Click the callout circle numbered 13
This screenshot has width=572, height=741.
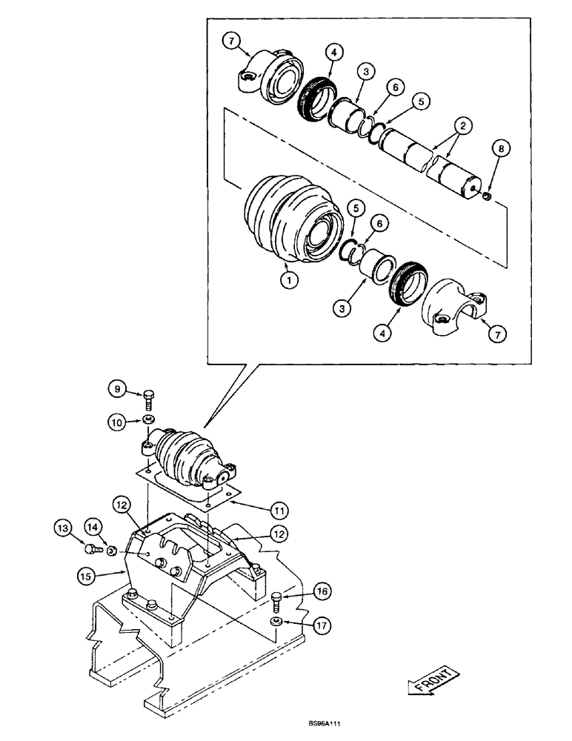[x=63, y=528]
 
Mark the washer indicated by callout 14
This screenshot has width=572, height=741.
[x=110, y=551]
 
